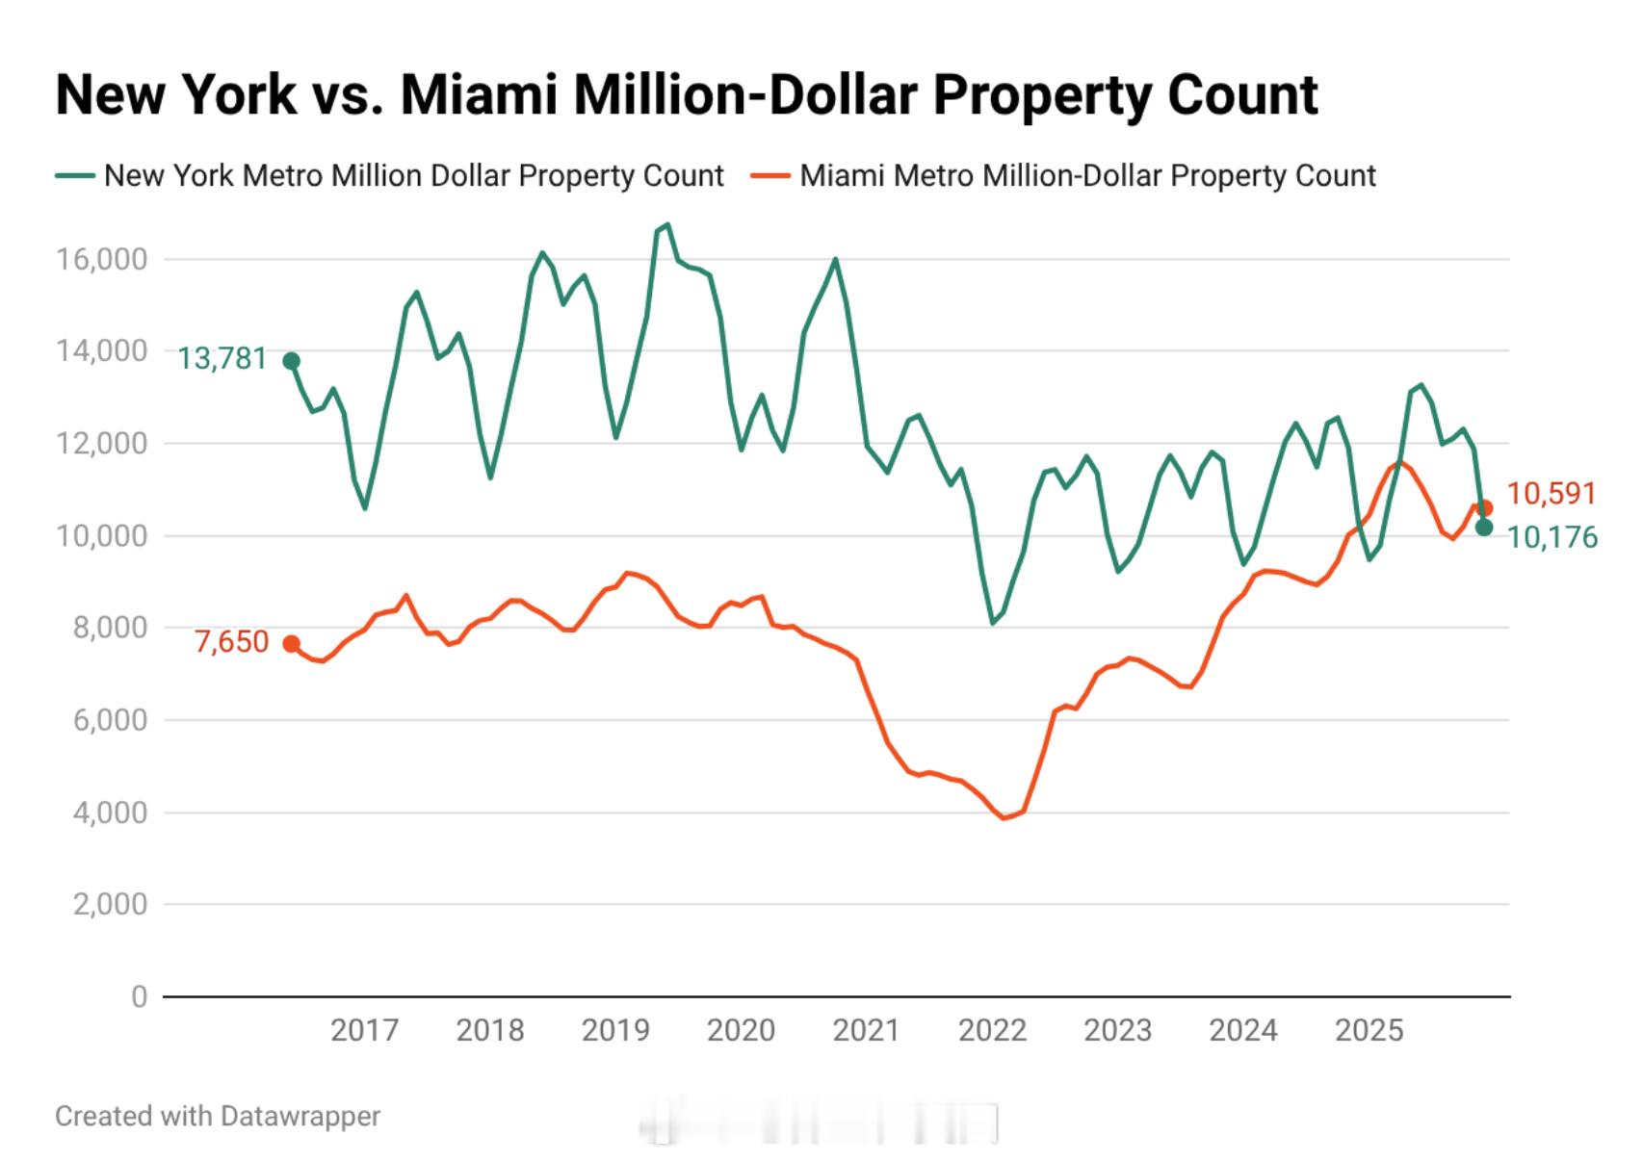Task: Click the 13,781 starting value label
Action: [222, 359]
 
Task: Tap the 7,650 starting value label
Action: [231, 642]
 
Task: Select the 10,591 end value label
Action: [1552, 494]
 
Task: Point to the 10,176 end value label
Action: [1552, 537]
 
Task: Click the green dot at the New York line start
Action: [291, 361]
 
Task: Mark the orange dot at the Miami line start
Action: [291, 644]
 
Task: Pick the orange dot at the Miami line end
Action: [1484, 507]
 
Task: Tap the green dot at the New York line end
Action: [1484, 528]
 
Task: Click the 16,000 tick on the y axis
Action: [102, 259]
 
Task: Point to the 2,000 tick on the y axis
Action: [110, 904]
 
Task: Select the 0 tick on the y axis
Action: [140, 996]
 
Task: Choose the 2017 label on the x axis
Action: [364, 1030]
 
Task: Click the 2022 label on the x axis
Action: [992, 1030]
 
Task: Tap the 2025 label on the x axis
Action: [1369, 1030]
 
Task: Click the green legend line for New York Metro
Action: [75, 176]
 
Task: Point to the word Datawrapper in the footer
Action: [300, 1117]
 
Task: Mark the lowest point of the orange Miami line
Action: [1004, 818]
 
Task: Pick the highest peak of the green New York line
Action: [667, 224]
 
